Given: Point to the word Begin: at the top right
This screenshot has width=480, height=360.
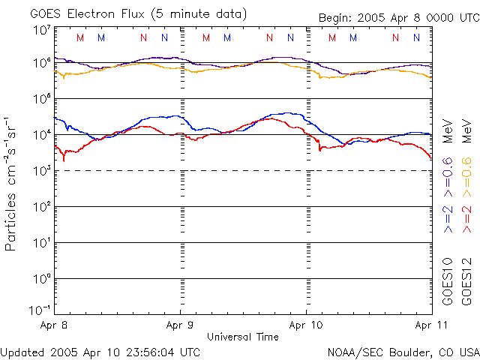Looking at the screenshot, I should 336,18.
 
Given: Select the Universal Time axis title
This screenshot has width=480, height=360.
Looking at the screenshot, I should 242,337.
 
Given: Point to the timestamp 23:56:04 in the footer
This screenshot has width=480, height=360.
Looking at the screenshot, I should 151,351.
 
